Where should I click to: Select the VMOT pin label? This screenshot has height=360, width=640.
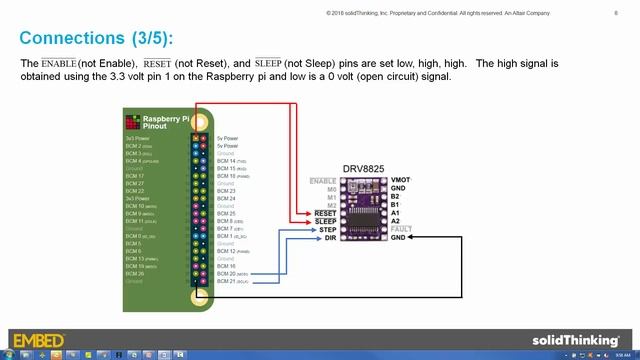pos(400,180)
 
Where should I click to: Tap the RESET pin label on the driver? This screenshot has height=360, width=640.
pos(324,213)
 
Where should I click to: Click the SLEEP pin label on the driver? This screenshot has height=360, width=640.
pos(324,221)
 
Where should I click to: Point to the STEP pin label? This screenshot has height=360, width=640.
pos(326,229)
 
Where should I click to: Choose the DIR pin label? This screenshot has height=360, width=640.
pos(329,237)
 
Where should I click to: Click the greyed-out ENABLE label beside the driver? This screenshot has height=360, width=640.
pos(323,180)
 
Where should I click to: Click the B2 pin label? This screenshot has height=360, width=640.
pos(395,197)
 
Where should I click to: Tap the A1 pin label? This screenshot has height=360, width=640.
pos(395,213)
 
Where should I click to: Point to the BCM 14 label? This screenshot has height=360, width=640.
pos(228,160)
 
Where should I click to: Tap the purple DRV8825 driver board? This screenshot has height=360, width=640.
pos(362,209)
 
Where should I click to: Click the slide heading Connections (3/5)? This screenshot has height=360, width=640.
pos(96,38)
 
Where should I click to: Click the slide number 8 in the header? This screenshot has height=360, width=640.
pos(614,12)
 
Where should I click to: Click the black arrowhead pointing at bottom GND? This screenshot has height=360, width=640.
pos(412,237)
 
